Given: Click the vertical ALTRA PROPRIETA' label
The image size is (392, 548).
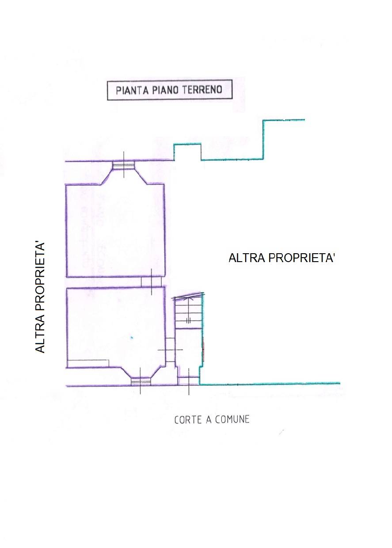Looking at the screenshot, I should click(x=40, y=297).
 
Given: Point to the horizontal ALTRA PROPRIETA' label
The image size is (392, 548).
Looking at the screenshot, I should click(x=282, y=258).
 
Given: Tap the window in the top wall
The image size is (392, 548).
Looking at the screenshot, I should click(x=124, y=165).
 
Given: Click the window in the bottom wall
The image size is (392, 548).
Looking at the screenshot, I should click(x=141, y=381).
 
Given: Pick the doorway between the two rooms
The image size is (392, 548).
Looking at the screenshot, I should click(x=151, y=282).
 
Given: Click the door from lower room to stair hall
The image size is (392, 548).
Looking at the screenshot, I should click(x=170, y=350).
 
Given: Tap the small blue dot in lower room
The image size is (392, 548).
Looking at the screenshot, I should click(x=131, y=338).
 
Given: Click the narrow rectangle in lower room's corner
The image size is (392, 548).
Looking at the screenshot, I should click(x=88, y=363).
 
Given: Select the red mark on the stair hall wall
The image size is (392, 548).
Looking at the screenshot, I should click(x=203, y=347).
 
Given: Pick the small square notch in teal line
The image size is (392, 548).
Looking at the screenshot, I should click(x=187, y=152).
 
